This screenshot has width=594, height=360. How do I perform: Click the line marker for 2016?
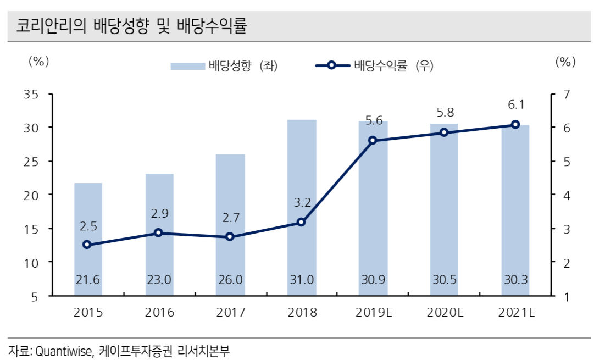(158, 232)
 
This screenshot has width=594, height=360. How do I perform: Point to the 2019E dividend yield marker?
(373, 140)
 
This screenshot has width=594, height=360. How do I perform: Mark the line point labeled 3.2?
(301, 222)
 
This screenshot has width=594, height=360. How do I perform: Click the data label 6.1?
(515, 105)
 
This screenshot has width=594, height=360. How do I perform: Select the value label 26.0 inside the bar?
(230, 280)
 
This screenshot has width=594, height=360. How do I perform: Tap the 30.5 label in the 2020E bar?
(444, 280)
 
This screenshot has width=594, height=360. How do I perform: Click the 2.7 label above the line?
(230, 218)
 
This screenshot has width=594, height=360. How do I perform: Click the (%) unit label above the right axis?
(565, 61)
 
